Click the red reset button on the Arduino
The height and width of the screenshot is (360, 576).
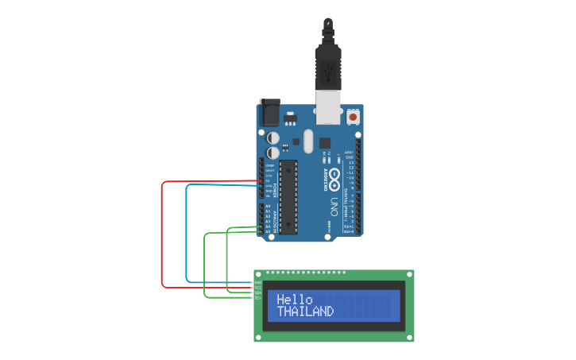click(x=353, y=117)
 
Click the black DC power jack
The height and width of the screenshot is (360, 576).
click(x=270, y=113)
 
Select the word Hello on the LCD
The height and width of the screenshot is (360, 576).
click(x=295, y=300)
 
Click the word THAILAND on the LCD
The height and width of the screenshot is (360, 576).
click(x=305, y=312)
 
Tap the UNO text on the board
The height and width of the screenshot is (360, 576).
click(x=334, y=207)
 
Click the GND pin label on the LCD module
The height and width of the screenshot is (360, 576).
click(x=258, y=283)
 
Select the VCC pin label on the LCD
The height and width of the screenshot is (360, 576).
click(x=258, y=288)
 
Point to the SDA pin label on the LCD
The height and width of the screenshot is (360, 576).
click(x=258, y=292)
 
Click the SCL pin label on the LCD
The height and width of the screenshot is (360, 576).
click(x=258, y=297)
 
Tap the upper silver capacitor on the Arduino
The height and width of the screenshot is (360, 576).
click(x=273, y=137)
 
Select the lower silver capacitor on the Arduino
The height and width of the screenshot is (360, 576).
click(x=273, y=151)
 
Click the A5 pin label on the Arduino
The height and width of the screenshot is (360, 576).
click(x=268, y=231)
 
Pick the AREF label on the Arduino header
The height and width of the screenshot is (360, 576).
click(x=349, y=152)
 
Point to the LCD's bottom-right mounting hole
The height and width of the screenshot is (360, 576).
click(x=408, y=337)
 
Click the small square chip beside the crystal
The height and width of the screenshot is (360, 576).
click(x=324, y=143)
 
